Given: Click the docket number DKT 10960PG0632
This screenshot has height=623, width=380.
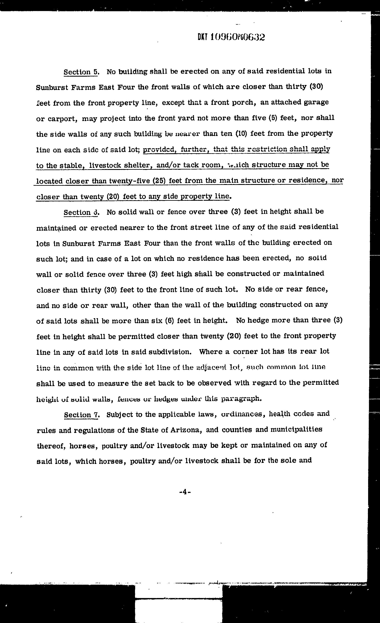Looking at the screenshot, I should click(231, 37).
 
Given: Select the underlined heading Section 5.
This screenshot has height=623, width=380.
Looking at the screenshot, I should click(81, 72).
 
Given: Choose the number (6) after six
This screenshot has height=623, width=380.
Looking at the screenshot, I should click(169, 321).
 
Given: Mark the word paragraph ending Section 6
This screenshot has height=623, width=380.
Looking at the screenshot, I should click(241, 399).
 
